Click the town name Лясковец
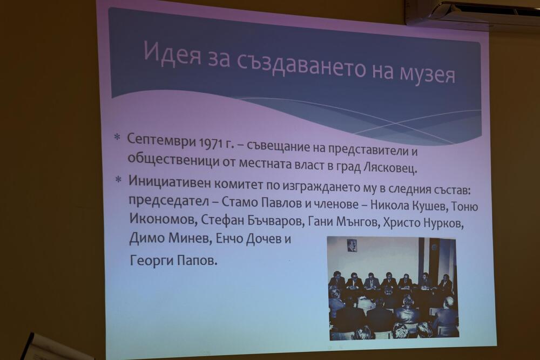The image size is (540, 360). pyautogui.click(x=390, y=168)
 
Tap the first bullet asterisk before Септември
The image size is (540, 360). pyautogui.click(x=117, y=137)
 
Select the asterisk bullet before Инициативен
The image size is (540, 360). pyautogui.click(x=118, y=179)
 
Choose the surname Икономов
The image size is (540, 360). pyautogui.click(x=162, y=219)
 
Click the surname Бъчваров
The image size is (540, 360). pyautogui.click(x=274, y=222)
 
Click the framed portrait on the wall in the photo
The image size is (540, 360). pyautogui.click(x=352, y=246)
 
